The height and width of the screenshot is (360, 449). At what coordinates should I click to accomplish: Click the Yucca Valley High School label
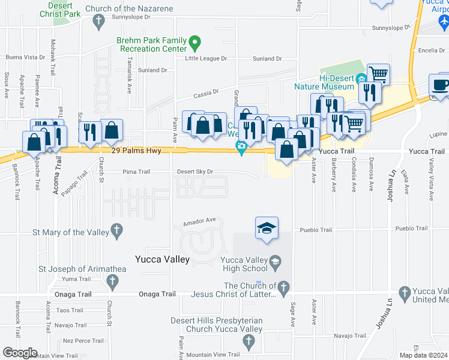243,264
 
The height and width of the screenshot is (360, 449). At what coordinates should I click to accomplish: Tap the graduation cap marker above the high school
267,229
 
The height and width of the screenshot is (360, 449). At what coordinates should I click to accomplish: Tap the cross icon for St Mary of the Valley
116,231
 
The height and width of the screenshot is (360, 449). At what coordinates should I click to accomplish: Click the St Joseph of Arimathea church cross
112,280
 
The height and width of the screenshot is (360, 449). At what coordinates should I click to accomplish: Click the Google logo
20,353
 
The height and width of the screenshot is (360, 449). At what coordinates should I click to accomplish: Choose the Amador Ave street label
200,220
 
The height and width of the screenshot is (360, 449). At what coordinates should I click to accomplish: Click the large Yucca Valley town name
163,260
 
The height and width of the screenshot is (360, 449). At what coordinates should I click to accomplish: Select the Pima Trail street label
136,172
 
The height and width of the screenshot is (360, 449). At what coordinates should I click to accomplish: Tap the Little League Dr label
206,59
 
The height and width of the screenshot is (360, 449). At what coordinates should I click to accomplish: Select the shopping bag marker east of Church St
112,130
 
